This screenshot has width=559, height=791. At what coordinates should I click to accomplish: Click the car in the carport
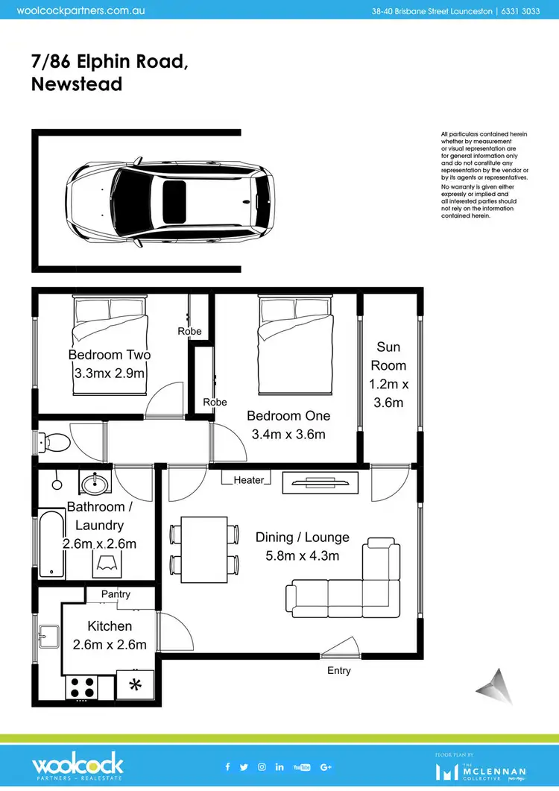click(x=170, y=199)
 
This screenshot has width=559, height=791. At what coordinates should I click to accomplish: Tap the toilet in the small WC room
click(x=57, y=443)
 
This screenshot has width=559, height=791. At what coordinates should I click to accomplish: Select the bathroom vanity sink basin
click(x=95, y=484)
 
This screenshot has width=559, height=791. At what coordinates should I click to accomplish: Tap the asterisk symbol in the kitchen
click(x=135, y=685)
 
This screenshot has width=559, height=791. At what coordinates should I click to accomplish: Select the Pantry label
click(x=116, y=594)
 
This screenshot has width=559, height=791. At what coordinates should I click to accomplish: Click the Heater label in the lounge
click(x=249, y=480)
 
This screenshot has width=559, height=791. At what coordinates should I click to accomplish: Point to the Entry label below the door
click(x=338, y=671)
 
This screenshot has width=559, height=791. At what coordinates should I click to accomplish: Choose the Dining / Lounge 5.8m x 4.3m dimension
click(x=302, y=556)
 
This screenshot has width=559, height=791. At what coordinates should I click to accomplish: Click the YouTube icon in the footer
click(x=301, y=767)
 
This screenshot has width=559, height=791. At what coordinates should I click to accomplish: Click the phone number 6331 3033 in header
click(x=522, y=12)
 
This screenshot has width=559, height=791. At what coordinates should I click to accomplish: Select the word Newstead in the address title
click(x=77, y=83)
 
